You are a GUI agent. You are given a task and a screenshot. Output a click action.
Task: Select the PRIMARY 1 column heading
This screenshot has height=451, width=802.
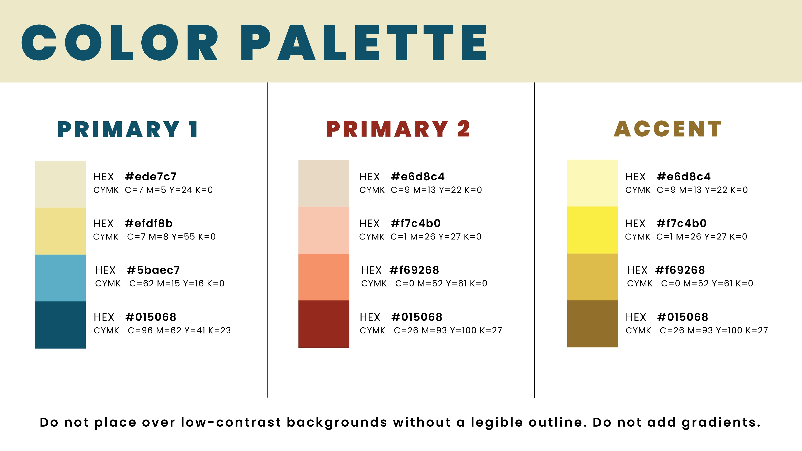[x=128, y=129]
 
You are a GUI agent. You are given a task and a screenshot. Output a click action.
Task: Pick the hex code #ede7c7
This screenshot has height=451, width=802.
[x=151, y=177]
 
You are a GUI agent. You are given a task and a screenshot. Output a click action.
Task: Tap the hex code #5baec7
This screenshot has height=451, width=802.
[x=153, y=270]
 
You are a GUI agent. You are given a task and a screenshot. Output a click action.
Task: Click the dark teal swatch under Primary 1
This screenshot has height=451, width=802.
[x=60, y=325]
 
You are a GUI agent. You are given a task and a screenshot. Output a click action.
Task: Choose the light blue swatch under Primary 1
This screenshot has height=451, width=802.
[x=60, y=278]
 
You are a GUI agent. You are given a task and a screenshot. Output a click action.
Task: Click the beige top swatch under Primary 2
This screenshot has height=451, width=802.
[x=324, y=183]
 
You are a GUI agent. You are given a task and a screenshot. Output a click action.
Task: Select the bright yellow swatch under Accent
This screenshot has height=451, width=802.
[x=593, y=230]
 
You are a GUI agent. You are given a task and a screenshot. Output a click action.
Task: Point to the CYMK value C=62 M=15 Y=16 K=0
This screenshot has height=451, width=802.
[x=177, y=284]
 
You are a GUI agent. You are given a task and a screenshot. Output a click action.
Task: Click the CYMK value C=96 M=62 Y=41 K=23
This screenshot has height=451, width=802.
[x=179, y=331]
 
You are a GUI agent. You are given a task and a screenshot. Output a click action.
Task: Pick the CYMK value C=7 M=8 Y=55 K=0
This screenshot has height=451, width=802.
[x=171, y=237]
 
